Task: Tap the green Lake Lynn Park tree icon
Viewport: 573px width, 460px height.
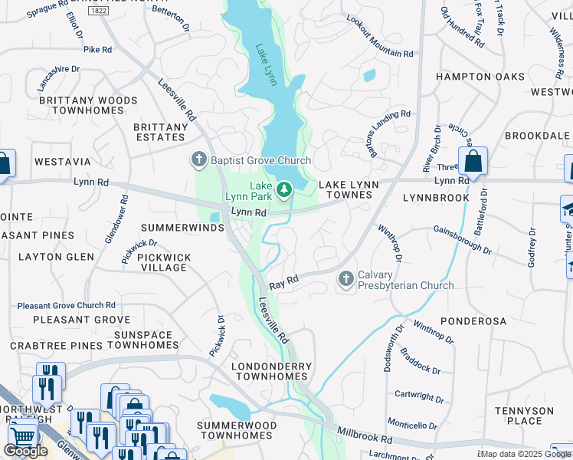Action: click(x=284, y=188)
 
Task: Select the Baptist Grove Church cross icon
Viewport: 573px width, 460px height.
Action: click(x=198, y=160)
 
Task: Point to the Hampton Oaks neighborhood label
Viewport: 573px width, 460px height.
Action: click(x=480, y=77)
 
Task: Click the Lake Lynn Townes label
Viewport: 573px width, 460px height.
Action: click(x=345, y=190)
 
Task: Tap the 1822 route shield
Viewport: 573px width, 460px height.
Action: click(x=97, y=11)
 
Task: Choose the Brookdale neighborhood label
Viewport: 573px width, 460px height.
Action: click(x=539, y=136)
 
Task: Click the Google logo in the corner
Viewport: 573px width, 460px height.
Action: click(x=25, y=451)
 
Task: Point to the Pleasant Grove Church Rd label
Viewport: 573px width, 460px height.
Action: click(x=66, y=305)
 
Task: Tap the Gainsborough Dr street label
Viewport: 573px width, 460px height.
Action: click(x=462, y=238)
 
